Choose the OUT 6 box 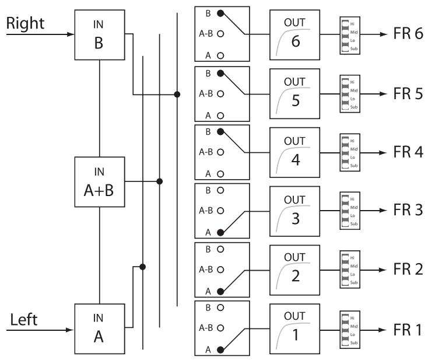pyautogui.click(x=294, y=34)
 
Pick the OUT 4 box pyautogui.click(x=294, y=151)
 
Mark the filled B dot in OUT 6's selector pyautogui.click(x=220, y=13)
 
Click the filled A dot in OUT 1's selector pyautogui.click(x=220, y=349)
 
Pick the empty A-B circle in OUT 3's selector pyautogui.click(x=220, y=211)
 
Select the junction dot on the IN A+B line pyautogui.click(x=160, y=181)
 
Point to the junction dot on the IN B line pyautogui.click(x=177, y=93)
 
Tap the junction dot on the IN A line pyautogui.click(x=142, y=267)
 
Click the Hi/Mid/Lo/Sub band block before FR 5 pyautogui.click(x=345, y=93)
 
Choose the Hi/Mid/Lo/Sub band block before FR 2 pyautogui.click(x=345, y=269)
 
